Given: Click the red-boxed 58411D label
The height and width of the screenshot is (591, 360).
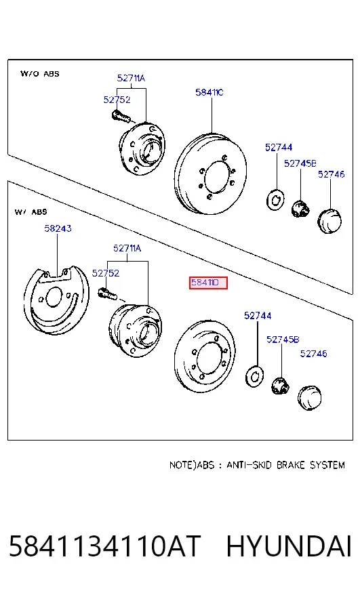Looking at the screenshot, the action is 208,283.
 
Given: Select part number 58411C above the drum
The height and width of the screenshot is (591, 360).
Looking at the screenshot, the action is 209,92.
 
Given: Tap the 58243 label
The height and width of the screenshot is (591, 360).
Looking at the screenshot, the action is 58,228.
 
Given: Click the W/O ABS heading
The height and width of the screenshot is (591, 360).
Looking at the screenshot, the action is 39,73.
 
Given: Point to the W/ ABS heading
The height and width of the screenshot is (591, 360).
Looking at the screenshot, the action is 31,212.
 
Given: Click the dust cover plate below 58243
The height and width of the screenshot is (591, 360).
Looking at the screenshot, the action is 56,300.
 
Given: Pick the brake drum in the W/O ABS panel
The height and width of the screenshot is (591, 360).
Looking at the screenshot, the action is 210,174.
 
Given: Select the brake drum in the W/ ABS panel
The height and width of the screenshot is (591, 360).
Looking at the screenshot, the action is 205,356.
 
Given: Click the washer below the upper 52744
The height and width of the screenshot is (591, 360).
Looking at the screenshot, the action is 275,200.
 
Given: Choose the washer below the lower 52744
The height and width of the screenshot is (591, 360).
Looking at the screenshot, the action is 254,375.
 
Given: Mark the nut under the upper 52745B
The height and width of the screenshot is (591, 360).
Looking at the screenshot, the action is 300,209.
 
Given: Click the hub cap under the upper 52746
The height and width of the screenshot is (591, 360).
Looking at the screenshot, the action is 329,220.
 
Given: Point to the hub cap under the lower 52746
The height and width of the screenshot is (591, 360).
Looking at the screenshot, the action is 309,397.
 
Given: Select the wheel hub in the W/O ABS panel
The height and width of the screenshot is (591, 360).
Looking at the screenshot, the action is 142,148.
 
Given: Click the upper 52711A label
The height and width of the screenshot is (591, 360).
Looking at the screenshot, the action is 131,78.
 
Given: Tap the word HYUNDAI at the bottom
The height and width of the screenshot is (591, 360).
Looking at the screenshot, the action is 289,546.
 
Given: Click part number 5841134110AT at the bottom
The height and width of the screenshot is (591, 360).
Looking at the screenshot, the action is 104,546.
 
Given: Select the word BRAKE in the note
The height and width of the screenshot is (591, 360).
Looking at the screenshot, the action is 290,465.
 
